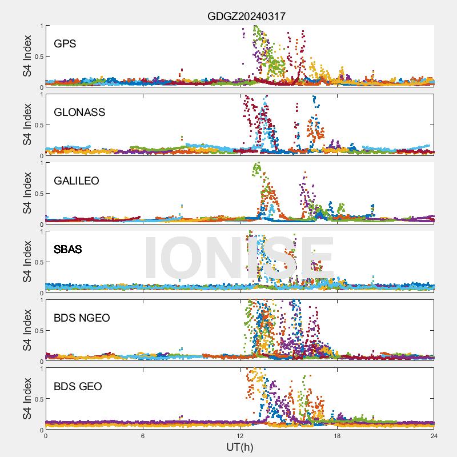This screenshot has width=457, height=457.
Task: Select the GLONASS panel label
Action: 79,112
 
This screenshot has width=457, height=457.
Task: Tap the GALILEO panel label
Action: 77,181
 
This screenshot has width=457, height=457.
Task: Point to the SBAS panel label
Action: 67,249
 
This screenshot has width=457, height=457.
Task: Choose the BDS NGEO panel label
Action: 82,318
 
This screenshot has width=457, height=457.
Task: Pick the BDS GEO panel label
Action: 78,387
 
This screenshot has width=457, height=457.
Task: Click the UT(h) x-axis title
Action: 240,446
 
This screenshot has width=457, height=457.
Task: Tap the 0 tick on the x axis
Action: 46,435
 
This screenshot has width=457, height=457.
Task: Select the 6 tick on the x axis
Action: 143,435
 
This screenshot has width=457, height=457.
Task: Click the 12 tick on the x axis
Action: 240,435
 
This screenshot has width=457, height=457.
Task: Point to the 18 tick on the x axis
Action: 337,435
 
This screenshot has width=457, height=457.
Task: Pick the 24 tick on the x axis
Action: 434,435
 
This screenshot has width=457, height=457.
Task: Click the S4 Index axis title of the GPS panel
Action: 27,56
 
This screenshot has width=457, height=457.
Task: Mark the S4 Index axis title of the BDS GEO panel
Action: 27,399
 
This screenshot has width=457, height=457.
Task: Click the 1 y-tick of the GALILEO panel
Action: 41,163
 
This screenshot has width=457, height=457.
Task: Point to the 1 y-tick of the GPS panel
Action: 41,26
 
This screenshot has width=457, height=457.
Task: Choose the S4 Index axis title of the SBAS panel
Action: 27,262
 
